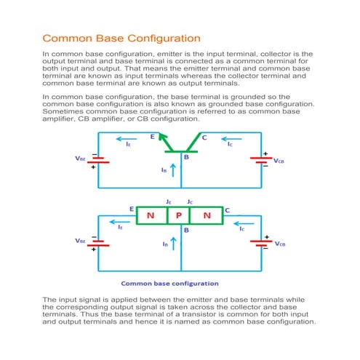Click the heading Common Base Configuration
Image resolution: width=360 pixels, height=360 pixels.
pos(121,37)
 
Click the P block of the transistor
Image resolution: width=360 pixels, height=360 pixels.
pos(179,215)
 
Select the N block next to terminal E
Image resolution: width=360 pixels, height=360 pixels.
pos(151,215)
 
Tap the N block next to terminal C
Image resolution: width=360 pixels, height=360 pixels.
pos(207,215)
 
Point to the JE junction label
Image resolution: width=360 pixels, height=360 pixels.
pos(168,201)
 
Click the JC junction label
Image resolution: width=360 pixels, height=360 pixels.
pos(190,201)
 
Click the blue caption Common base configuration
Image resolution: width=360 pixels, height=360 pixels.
pos(169,283)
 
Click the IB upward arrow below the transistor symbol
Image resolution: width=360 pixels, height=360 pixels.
pos(173,172)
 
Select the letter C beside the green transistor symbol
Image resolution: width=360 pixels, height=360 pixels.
pos(204,136)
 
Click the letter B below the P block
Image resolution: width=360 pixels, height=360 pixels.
pos(186,229)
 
